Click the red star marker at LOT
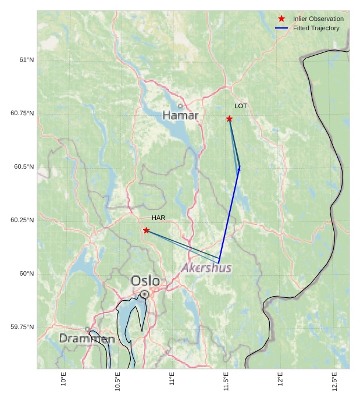point(229,119)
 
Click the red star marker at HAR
point(146,230)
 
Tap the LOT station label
point(241,106)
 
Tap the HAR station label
point(158,218)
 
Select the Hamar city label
point(180,115)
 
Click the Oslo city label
point(145,281)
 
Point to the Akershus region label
point(206,268)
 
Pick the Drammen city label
point(87,338)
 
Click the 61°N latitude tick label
point(26,60)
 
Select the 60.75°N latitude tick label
point(22,113)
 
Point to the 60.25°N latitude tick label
point(22,220)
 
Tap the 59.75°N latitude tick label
point(22,327)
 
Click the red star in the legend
point(281,19)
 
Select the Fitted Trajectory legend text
point(316,28)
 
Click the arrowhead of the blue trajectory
point(238,169)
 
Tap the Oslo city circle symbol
point(144,294)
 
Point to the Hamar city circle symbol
point(180,106)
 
